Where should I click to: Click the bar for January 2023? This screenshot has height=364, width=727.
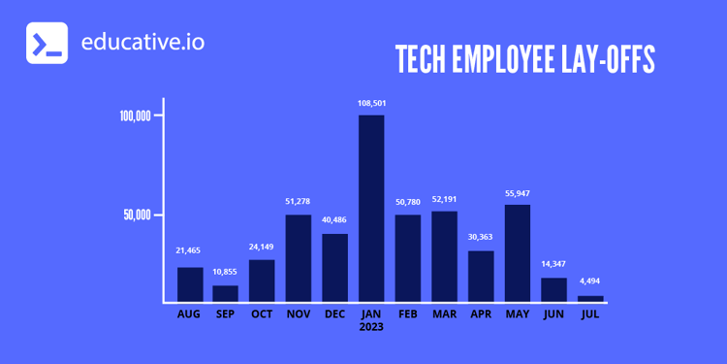(x=371, y=208)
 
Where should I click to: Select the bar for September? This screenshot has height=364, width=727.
(x=226, y=292)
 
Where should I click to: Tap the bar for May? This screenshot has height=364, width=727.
(x=518, y=252)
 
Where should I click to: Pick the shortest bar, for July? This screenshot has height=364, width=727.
(x=590, y=298)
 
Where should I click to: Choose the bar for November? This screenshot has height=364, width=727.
(x=299, y=257)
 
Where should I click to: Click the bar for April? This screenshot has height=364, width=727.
(x=481, y=276)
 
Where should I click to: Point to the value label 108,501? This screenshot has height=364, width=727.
(x=371, y=104)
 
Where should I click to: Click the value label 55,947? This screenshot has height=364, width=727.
(x=518, y=193)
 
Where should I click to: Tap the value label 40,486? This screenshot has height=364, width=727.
(x=334, y=220)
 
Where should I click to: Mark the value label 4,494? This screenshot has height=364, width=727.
(x=590, y=282)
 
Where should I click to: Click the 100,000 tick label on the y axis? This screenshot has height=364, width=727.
(x=135, y=116)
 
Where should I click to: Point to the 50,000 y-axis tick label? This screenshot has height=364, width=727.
(x=138, y=215)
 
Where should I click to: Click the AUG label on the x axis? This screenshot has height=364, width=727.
(x=189, y=314)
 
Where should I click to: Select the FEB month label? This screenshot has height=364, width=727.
(x=408, y=314)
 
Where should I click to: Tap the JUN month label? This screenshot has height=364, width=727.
(x=553, y=314)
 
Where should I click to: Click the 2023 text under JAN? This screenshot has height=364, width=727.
(x=371, y=327)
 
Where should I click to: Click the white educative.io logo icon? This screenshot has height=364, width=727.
(x=47, y=43)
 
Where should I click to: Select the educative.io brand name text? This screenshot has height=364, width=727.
(x=143, y=43)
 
